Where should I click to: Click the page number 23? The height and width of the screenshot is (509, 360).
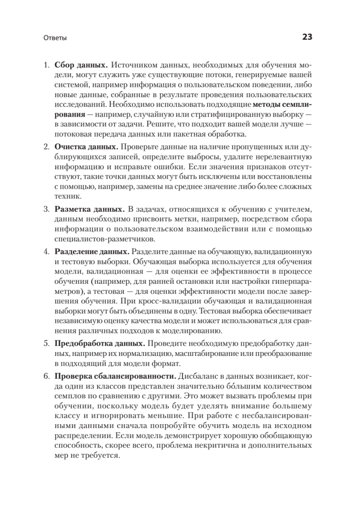click(x=307, y=37)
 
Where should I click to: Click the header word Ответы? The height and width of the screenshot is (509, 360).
click(x=55, y=38)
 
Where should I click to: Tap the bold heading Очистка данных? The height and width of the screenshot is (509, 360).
click(x=86, y=147)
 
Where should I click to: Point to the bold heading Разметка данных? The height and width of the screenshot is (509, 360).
click(x=89, y=209)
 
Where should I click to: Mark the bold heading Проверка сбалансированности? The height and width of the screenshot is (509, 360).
click(x=115, y=376)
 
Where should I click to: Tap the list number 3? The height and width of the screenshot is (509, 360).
click(x=47, y=209)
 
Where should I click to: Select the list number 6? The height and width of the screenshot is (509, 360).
click(x=47, y=376)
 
